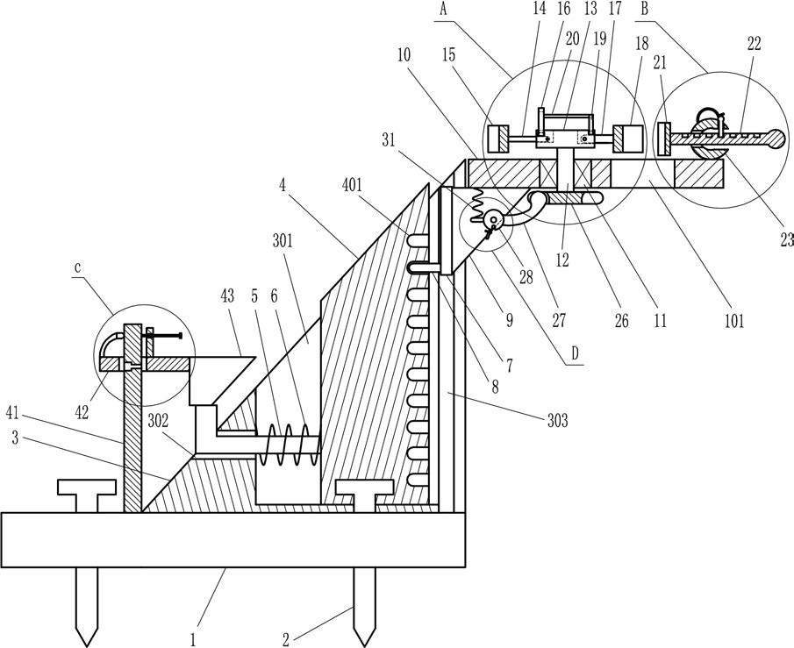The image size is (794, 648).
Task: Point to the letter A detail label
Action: click(442, 9)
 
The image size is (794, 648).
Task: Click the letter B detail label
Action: click(644, 9)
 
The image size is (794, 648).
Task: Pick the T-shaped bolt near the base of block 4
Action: click(363, 492)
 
